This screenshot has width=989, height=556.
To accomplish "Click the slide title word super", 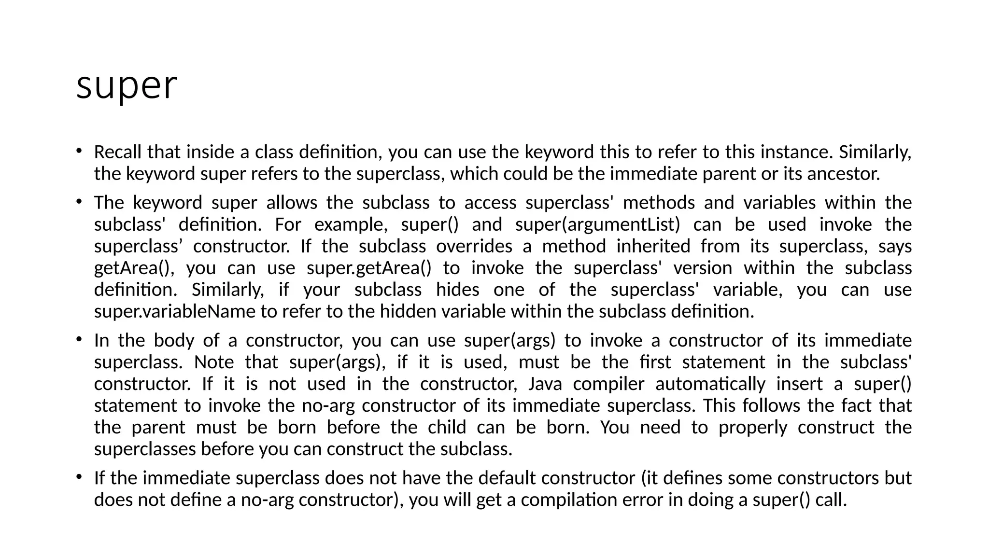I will pos(127,86).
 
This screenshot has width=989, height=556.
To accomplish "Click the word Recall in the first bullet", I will pos(118,152).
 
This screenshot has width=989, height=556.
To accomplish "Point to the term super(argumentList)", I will pos(597,224).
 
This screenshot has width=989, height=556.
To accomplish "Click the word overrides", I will pos(474,246).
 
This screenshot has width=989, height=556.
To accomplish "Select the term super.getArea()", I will pos(369,268).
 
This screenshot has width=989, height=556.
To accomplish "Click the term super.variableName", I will pos(174,311).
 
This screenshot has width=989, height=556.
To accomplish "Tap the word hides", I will pos(457,290).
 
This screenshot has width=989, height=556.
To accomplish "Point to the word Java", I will pos(545,384).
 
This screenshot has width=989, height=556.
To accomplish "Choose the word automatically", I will pos(710,384).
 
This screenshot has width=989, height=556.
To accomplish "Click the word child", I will pos(447,427).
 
